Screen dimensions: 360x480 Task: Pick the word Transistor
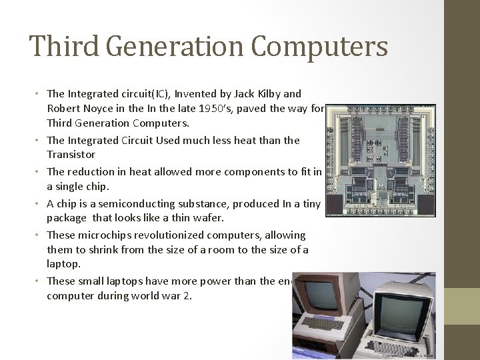(x=71, y=154)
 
